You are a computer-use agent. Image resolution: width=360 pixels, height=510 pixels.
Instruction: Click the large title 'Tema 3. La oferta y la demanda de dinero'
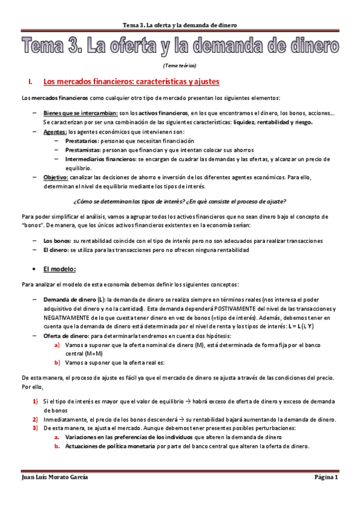click(x=180, y=45)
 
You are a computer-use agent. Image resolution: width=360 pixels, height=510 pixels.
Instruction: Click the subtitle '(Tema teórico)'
click(x=180, y=65)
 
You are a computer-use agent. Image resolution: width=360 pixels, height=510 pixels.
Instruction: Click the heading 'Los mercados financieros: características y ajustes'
click(x=131, y=81)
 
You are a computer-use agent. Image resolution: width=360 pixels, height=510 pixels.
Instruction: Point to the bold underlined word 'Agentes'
click(x=55, y=131)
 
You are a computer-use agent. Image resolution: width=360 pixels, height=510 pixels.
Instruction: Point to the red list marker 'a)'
click(x=57, y=345)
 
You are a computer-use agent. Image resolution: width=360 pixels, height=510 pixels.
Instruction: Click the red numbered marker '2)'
click(x=35, y=419)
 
